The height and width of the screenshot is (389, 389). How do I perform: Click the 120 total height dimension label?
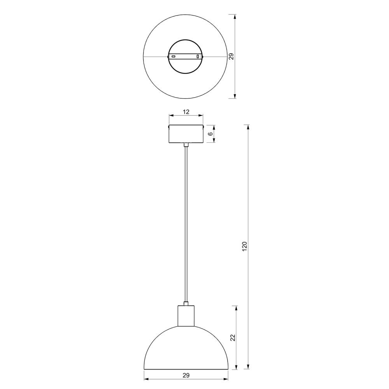(245, 246)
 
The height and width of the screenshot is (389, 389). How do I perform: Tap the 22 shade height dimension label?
(233, 338)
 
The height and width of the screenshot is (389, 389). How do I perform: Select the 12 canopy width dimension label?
(186, 112)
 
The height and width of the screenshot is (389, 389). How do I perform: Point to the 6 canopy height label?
(210, 134)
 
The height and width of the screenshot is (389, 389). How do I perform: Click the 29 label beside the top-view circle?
(231, 56)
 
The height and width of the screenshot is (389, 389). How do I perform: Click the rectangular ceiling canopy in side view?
(186, 134)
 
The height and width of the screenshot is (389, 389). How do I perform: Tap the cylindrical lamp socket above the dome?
(186, 315)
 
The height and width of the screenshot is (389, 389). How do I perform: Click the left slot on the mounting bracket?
(173, 56)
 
